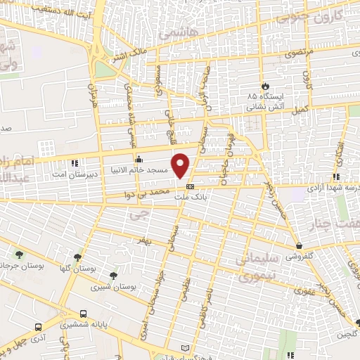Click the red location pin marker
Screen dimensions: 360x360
click(181, 165)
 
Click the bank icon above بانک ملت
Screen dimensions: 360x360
click(191, 186)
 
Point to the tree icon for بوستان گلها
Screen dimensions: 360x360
click(77, 257)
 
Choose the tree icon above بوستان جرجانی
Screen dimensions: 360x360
click(19, 254)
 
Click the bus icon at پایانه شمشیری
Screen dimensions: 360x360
click(84, 314)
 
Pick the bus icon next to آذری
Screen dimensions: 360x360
click(37, 327)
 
